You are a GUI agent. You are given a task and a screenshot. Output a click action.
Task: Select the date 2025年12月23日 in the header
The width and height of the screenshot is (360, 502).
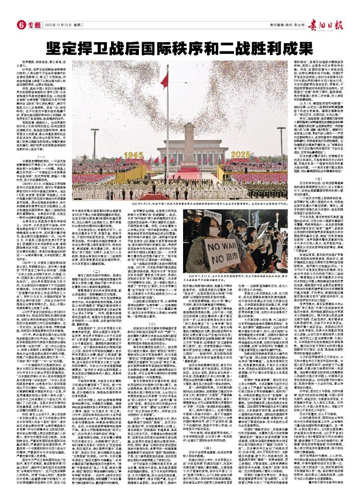pos(57,25)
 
